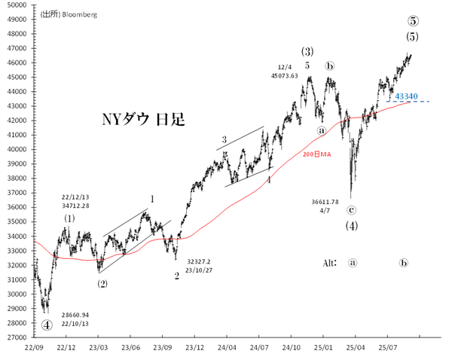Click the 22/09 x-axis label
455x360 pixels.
point(34,348)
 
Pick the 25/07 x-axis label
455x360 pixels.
point(387,348)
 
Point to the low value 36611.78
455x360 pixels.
point(325,201)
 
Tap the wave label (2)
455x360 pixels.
point(102,284)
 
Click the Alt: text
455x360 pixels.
point(329,263)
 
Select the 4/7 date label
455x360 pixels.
point(325,211)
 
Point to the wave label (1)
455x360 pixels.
point(69,218)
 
